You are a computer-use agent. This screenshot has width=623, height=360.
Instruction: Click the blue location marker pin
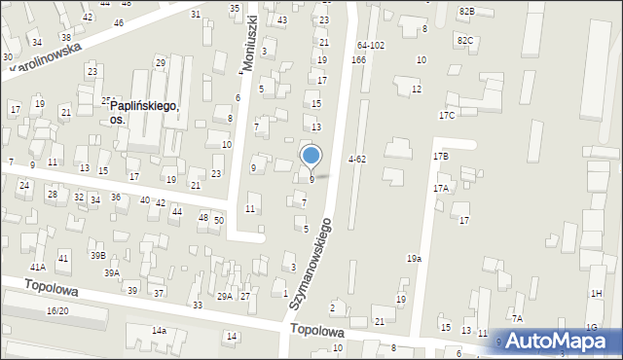(311, 156)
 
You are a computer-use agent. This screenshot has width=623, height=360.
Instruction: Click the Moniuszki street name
(249, 45)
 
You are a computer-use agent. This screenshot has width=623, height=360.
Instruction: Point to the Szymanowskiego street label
(311, 264)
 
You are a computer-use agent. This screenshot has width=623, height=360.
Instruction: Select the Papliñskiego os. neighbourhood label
(144, 112)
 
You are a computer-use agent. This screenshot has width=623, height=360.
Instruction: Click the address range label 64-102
(370, 46)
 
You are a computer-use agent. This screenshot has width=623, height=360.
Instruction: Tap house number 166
(358, 60)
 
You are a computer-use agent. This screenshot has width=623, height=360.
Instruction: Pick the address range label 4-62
(357, 159)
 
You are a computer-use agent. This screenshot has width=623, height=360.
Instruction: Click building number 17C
(447, 116)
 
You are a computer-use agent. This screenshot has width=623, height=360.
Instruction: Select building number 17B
(441, 156)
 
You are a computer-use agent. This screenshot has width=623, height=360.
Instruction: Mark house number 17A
(441, 189)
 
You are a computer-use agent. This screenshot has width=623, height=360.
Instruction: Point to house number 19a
(415, 259)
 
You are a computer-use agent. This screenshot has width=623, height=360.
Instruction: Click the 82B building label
(466, 11)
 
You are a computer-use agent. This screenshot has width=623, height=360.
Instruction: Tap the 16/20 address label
(57, 310)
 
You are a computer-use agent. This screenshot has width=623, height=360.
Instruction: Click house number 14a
(158, 331)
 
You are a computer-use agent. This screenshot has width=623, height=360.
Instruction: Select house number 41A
(38, 267)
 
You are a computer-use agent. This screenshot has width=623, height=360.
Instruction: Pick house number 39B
(98, 255)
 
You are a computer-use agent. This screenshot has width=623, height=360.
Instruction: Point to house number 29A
(224, 296)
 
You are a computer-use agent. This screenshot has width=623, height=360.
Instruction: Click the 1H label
(596, 293)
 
